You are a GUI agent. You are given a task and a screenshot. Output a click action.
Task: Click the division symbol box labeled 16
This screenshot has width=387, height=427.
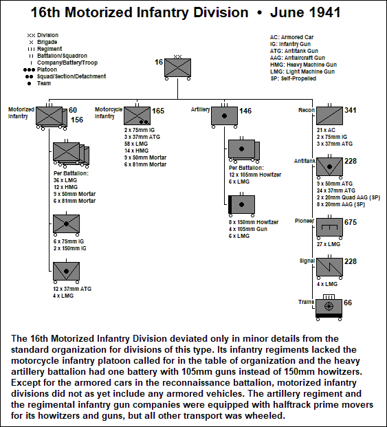[178, 67]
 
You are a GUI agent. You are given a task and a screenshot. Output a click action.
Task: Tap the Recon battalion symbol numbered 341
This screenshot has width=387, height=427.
[329, 116]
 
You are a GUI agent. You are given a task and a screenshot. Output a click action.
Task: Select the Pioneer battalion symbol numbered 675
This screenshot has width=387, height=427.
[329, 227]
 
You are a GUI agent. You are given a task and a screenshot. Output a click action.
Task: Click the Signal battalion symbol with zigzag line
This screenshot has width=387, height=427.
[329, 267]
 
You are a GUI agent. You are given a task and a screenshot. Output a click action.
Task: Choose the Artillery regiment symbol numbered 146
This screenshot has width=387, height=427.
[224, 116]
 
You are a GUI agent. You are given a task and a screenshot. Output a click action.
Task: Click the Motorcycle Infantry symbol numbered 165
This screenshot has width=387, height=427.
[137, 116]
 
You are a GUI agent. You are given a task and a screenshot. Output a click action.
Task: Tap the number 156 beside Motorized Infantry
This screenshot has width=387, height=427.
[77, 120]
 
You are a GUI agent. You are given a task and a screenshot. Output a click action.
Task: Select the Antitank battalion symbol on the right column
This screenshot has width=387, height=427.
[329, 166]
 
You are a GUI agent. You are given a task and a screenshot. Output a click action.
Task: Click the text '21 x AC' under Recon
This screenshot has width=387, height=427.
[326, 130]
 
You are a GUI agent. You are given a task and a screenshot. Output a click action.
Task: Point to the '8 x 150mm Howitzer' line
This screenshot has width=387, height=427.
[254, 222]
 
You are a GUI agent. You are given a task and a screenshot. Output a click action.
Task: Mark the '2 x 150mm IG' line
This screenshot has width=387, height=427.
[70, 248]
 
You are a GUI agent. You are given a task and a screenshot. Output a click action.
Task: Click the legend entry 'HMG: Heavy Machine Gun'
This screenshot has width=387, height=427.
[303, 65]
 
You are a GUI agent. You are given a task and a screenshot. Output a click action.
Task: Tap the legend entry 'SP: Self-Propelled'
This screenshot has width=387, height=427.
[294, 78]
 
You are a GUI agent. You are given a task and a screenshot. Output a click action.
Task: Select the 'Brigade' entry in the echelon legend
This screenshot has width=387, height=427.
[47, 42]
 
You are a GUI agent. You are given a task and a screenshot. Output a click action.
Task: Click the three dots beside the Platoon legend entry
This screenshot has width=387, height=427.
[29, 69]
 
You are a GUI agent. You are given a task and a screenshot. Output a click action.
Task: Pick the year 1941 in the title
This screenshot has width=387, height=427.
[325, 12]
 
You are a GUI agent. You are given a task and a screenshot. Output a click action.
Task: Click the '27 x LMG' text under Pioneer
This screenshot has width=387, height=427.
[329, 244]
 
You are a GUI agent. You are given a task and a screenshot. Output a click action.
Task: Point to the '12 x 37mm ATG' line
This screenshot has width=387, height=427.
[72, 289]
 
